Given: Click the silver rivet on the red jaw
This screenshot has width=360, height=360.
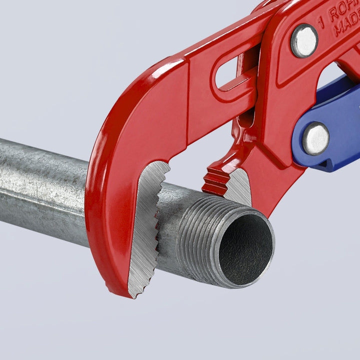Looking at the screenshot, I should pyautogui.click(x=304, y=40).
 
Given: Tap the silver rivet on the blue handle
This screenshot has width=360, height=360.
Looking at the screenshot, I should pyautogui.click(x=315, y=138).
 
